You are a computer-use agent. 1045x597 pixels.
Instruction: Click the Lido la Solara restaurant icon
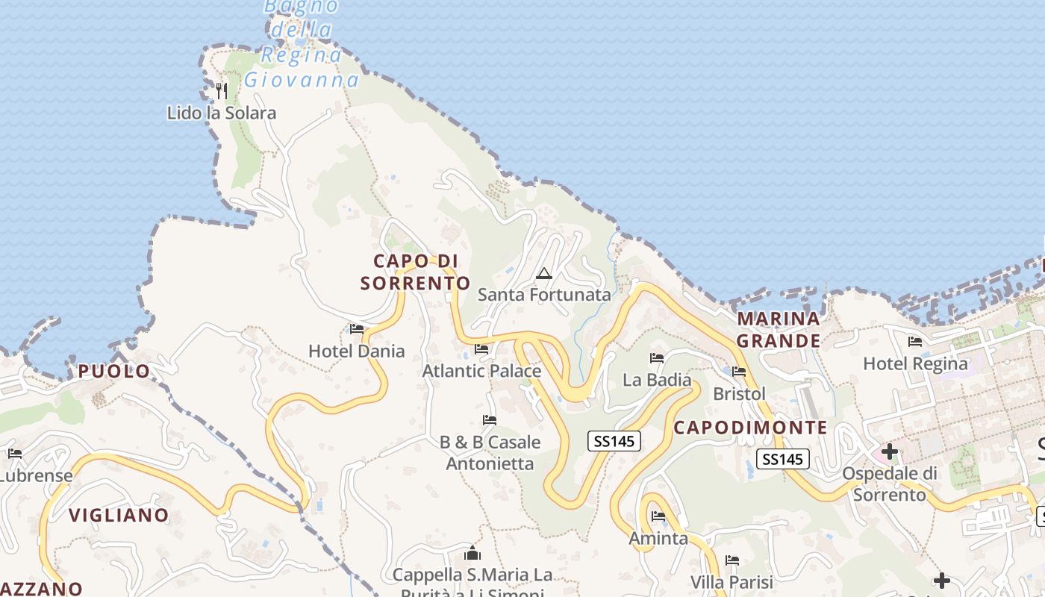click(221, 91)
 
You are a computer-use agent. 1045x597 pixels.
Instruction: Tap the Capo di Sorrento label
click(415, 272)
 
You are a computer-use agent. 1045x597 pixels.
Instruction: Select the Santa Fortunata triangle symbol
click(543, 273)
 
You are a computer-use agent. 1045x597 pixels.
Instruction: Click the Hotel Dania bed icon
click(357, 329)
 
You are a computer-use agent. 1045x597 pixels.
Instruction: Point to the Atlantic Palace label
click(481, 371)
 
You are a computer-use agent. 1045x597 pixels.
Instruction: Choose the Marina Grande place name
click(779, 330)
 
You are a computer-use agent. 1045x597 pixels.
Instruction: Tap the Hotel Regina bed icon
click(914, 342)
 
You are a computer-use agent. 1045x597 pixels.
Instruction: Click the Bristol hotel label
click(739, 393)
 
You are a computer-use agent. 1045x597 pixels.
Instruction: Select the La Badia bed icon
click(657, 358)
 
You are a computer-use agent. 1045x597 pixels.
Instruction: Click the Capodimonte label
click(750, 428)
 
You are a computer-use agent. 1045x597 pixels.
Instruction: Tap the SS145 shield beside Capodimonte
click(783, 459)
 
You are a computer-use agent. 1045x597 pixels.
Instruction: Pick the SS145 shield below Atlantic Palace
click(614, 441)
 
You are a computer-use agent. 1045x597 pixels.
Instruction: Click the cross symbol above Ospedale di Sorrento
click(889, 451)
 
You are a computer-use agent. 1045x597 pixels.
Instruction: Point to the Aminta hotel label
click(658, 538)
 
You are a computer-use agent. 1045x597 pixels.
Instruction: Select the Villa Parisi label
click(731, 582)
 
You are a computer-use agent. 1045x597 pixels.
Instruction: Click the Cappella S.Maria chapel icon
click(472, 553)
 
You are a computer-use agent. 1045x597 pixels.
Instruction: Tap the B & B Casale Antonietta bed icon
click(490, 420)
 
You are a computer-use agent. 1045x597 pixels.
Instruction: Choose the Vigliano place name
click(119, 515)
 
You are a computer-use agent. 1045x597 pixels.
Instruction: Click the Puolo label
click(114, 371)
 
